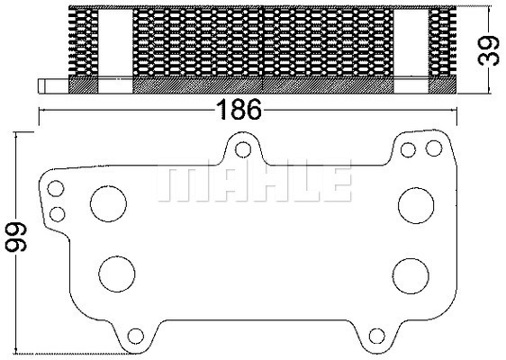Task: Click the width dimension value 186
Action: pyautogui.click(x=239, y=111)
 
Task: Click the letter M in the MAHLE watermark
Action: pyautogui.click(x=180, y=183)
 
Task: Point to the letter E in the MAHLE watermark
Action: pyautogui.click(x=335, y=183)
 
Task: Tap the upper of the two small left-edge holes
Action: pyautogui.click(x=57, y=189)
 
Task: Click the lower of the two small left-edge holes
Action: pyautogui.click(x=57, y=213)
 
